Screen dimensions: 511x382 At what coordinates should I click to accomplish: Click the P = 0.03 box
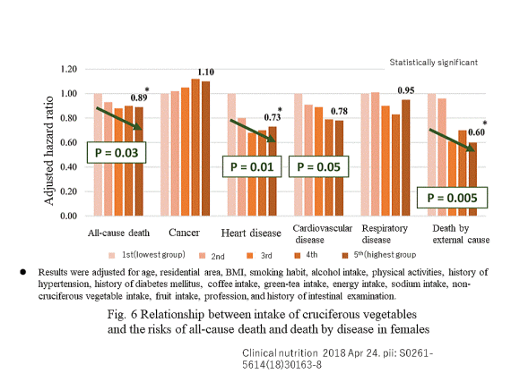117,152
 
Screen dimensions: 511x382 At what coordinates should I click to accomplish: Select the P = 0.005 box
453,198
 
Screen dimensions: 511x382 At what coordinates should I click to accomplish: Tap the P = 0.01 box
252,166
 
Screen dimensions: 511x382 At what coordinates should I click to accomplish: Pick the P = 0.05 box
319,166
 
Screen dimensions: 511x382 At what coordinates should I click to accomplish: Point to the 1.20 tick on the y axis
68,69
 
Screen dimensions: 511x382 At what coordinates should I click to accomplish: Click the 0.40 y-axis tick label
68,167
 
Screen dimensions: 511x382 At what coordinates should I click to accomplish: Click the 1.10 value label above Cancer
206,72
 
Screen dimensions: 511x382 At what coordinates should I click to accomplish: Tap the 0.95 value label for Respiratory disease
406,90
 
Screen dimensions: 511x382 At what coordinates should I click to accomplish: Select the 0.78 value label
339,111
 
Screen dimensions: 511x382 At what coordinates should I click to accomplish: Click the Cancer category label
184,233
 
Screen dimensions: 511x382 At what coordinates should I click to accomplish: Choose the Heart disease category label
251,233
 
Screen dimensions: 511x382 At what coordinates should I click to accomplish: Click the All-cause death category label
118,233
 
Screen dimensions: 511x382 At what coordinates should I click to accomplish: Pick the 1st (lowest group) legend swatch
112,256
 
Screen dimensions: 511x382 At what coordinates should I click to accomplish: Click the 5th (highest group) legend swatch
345,256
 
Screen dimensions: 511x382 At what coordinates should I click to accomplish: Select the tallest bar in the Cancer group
195,148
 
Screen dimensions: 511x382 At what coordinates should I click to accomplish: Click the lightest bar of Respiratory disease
365,155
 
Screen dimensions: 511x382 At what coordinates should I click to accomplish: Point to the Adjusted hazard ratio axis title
49,151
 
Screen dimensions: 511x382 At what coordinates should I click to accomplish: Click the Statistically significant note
434,63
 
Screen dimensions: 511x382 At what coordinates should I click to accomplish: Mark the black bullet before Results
22,272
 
